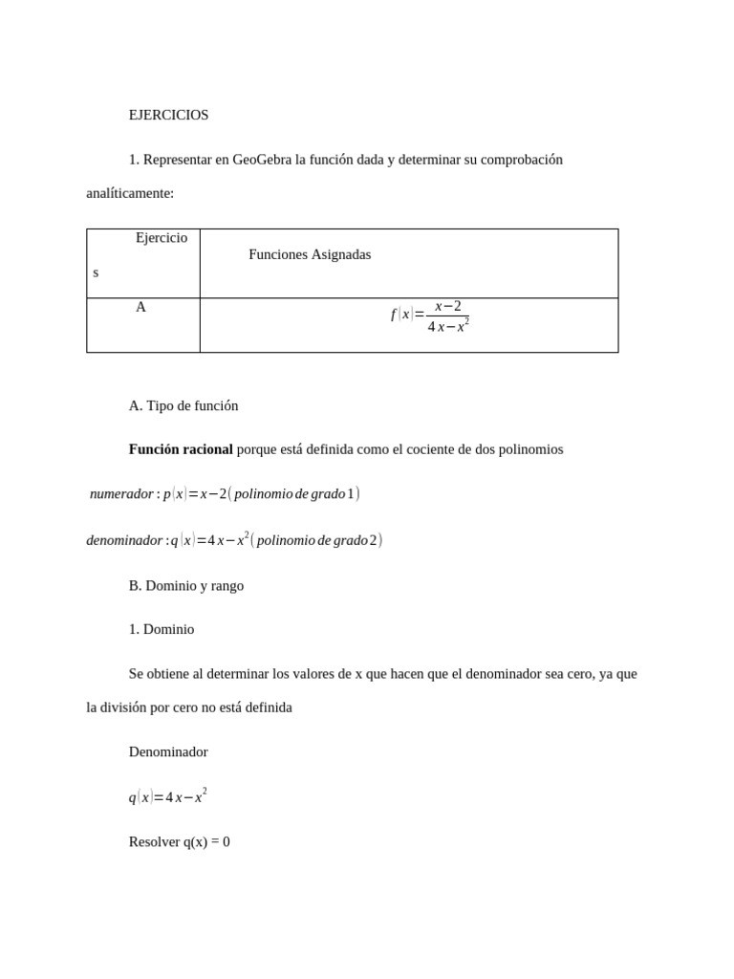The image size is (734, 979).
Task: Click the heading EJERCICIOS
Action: pos(168,115)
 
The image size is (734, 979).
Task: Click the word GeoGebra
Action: pos(262,160)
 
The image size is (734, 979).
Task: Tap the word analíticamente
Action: pos(130,193)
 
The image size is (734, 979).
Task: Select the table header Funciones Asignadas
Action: pos(310,254)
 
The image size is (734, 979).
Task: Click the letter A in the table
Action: pos(140,307)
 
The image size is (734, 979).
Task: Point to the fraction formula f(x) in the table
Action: pos(429,316)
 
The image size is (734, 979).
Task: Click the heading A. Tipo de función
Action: pos(183,405)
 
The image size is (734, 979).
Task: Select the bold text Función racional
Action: pos(181,449)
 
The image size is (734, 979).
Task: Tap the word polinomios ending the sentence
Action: pos(530,449)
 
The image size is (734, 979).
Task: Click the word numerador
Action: pos(121,494)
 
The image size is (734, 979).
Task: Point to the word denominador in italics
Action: pos(124,540)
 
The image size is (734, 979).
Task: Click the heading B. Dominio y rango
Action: pos(186,586)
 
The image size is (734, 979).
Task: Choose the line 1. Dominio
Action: pos(162,629)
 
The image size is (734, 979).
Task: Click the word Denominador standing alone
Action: pos(168,751)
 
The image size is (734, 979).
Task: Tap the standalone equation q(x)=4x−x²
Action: pos(168,797)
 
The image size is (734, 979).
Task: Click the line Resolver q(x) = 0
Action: pos(180,842)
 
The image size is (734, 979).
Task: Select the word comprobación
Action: pos(521,160)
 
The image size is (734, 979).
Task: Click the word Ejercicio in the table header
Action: pos(162,237)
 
